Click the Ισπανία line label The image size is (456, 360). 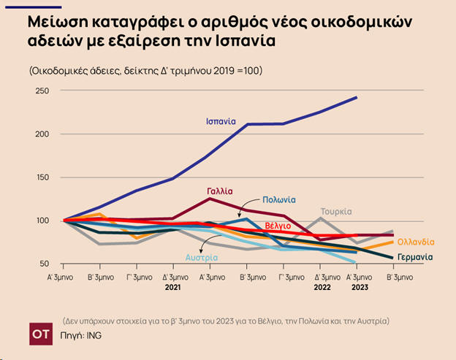(x=221, y=121)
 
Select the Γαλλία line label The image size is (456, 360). (x=220, y=191)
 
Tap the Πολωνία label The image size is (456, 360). (x=278, y=199)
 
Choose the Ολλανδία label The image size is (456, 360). (x=416, y=242)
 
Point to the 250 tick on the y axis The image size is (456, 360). (x=42, y=91)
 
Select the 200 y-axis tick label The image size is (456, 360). (x=42, y=134)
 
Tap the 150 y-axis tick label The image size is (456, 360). (x=42, y=177)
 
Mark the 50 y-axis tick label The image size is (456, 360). (x=44, y=264)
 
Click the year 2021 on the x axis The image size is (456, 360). (x=172, y=288)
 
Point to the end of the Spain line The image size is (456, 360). (x=357, y=97)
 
